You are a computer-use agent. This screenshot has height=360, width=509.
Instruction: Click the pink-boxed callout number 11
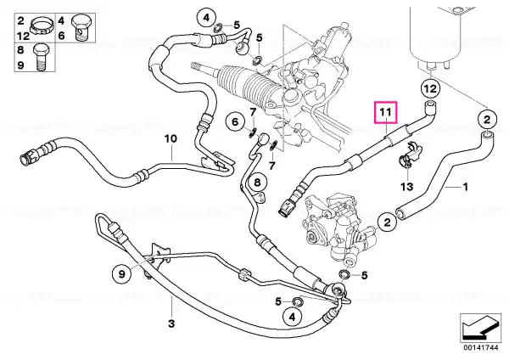click(386, 112)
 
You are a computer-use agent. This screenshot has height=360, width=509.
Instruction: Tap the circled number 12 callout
click(430, 88)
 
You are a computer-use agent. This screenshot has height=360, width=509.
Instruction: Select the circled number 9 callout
click(121, 274)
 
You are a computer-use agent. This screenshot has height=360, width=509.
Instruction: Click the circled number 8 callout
click(257, 183)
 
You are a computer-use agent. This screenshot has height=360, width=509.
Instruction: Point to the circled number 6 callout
click(235, 122)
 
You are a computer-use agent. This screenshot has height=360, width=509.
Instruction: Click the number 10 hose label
click(171, 138)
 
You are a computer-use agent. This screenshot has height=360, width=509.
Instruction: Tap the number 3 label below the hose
click(171, 323)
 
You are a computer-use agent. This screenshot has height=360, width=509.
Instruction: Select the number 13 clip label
click(407, 187)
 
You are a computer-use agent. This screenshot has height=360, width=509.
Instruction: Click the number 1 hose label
click(465, 187)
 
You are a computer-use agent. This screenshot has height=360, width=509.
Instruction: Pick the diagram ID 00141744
click(481, 347)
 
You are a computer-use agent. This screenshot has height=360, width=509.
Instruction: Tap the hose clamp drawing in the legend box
click(42, 27)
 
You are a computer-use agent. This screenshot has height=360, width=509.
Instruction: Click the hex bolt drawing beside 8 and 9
click(40, 58)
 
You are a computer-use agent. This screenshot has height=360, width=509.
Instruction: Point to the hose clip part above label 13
click(410, 155)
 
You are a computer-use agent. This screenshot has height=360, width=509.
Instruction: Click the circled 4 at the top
click(206, 18)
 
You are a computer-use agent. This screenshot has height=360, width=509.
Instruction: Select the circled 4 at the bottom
click(292, 317)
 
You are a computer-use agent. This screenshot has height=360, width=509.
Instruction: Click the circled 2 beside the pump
click(387, 223)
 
